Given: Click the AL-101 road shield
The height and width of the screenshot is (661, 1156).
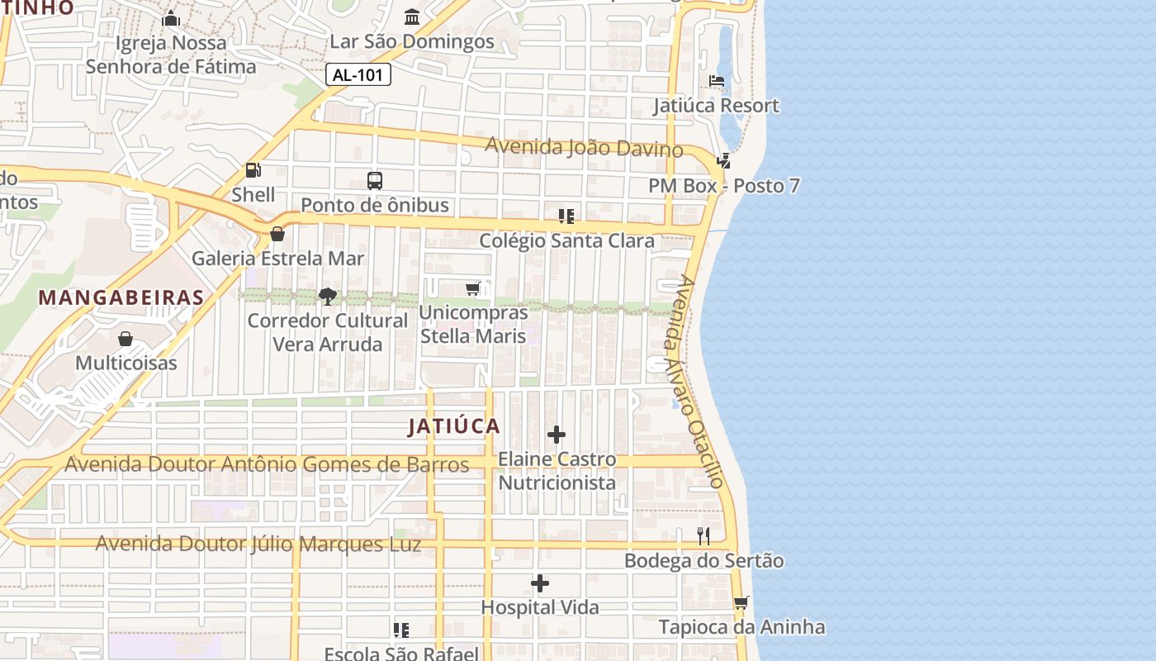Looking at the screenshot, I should [x=358, y=74].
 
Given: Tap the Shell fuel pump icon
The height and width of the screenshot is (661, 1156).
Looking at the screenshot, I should [x=253, y=170].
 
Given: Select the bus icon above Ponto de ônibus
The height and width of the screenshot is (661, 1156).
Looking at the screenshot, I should [x=375, y=180].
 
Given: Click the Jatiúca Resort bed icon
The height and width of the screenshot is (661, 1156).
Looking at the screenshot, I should [x=717, y=81].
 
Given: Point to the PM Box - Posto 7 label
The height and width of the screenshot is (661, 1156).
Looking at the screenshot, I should [x=723, y=186].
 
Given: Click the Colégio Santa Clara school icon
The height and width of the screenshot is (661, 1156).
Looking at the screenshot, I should [x=566, y=216].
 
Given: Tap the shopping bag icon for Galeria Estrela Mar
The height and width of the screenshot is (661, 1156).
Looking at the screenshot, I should [x=277, y=234].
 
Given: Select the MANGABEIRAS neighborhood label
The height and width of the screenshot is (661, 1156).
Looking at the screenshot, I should [x=121, y=297].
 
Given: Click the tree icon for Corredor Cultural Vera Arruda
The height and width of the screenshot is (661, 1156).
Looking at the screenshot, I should [x=328, y=296].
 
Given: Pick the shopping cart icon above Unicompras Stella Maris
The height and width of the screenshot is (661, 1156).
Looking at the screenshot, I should [x=473, y=288].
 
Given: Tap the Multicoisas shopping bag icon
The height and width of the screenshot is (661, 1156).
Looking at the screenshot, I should [x=126, y=339].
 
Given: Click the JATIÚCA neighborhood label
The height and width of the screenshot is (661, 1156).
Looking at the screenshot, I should [x=454, y=426].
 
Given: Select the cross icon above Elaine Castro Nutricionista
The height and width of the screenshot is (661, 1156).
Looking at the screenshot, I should [x=557, y=435].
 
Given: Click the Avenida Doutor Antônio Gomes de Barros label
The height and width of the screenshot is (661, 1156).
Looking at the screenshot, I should [x=267, y=464].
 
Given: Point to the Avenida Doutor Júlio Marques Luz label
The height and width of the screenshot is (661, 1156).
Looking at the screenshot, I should [x=258, y=544].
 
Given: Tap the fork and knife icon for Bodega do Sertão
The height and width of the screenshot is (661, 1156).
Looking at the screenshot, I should [x=704, y=536].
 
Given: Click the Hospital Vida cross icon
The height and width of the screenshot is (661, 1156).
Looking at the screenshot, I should [x=540, y=583].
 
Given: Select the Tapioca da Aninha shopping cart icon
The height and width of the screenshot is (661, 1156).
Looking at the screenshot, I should [x=741, y=602].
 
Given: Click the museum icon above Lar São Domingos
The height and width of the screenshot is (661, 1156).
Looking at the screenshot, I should [x=412, y=17].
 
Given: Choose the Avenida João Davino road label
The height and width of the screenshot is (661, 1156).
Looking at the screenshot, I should [x=583, y=147].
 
